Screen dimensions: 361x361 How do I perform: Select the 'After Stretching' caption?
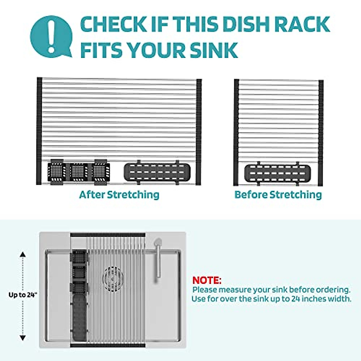click(x=119, y=195)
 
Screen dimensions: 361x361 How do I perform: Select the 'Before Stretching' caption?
click(x=278, y=195)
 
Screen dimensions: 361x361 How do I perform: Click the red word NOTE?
click(x=207, y=280)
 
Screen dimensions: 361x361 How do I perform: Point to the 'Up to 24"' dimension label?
click(x=23, y=295)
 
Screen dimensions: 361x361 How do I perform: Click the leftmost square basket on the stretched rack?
click(x=56, y=172)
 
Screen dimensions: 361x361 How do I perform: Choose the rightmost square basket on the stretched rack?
click(x=101, y=172)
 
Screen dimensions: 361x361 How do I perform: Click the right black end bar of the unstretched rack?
click(x=321, y=132)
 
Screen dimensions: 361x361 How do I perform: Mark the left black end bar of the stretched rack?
click(x=39, y=131)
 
